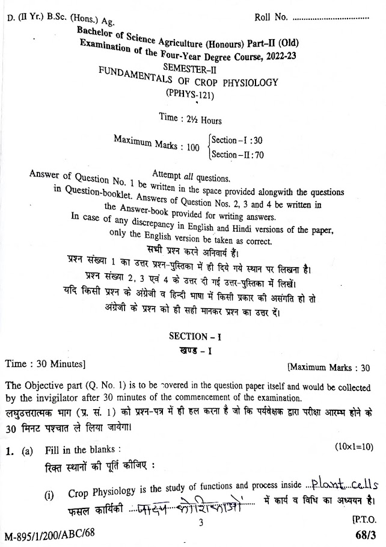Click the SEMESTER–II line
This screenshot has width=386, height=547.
193,68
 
